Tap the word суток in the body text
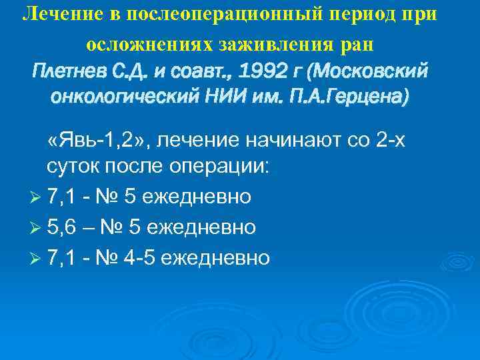coord(74,166)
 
